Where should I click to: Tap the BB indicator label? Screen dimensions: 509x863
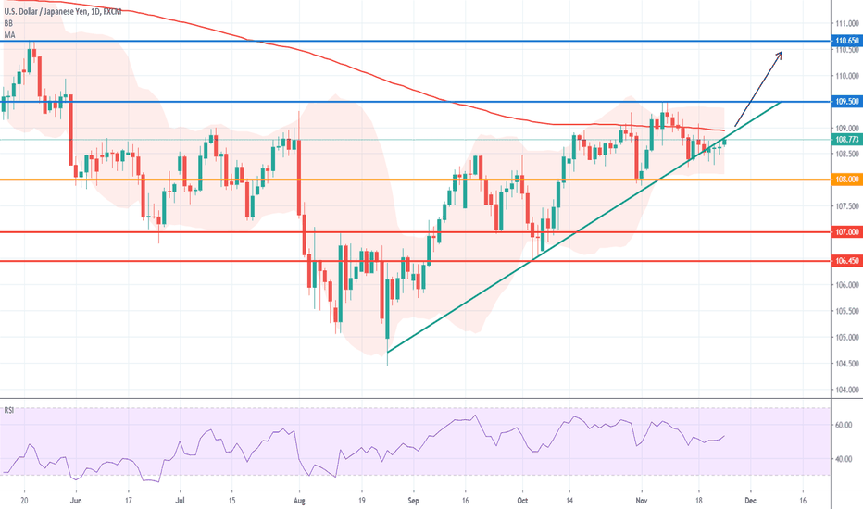point(9,23)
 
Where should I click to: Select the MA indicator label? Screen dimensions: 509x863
point(10,35)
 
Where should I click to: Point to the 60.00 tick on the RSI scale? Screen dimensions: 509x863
point(844,426)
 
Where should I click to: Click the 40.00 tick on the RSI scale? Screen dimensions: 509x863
point(844,459)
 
